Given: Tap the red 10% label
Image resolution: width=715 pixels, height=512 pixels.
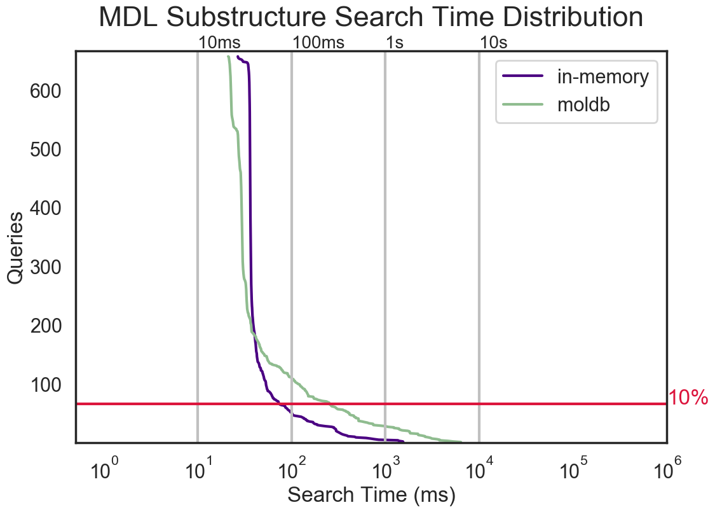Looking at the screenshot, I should coord(688,398).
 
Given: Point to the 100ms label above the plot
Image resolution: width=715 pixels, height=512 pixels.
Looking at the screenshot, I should coord(318,43).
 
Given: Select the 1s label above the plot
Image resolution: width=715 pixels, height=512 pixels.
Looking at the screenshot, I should coord(395,43).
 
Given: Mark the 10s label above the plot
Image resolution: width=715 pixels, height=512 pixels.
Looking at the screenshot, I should coord(494,43).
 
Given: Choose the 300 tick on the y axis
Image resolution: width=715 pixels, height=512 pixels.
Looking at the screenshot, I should coord(46,267).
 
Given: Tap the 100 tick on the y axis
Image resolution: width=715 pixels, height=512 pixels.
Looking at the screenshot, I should coord(46,385).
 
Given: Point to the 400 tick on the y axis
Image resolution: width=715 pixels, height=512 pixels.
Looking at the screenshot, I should coord(46,209).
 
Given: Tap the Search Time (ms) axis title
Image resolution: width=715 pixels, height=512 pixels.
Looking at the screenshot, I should coord(371,495).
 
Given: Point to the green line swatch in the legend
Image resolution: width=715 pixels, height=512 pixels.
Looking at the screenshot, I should coord(523,104).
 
